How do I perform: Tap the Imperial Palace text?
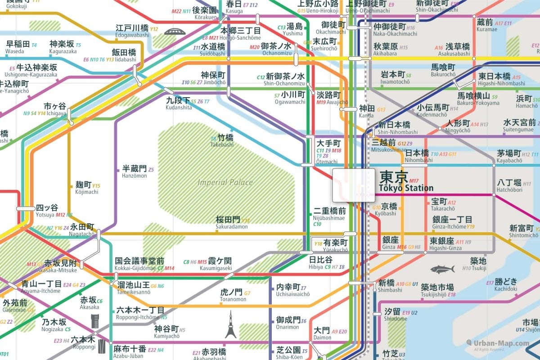point(225,182)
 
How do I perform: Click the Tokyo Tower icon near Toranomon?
point(230,324)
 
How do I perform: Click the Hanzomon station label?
point(135,172)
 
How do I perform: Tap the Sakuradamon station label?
point(232,223)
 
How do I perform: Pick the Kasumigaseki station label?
point(216,264)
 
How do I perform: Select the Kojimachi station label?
point(84,188)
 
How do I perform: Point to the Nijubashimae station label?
point(329,214)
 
